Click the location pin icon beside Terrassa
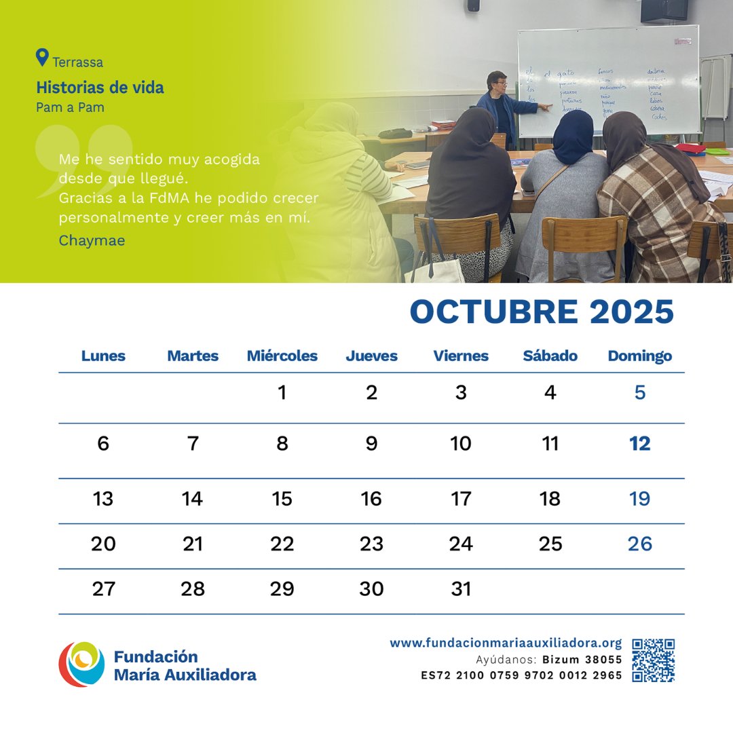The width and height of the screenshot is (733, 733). (43, 58)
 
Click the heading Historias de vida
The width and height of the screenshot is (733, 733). (100, 88)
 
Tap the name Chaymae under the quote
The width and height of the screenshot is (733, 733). (92, 240)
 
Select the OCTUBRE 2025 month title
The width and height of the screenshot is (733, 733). (542, 312)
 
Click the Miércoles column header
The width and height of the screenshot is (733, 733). (282, 356)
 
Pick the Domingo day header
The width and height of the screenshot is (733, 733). (639, 356)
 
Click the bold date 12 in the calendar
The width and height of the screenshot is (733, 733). (639, 444)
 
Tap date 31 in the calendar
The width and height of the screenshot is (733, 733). (461, 589)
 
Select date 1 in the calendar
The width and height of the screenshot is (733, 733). (282, 393)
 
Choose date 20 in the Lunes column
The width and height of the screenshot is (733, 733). (103, 544)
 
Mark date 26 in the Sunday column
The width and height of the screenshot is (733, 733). (639, 544)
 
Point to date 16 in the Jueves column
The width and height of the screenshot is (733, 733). (371, 500)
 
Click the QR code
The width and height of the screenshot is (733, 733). (653, 660)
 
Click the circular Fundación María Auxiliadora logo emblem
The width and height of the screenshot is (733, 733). (81, 664)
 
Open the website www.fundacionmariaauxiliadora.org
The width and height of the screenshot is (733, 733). (506, 643)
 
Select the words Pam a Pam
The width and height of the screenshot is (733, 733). (70, 107)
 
